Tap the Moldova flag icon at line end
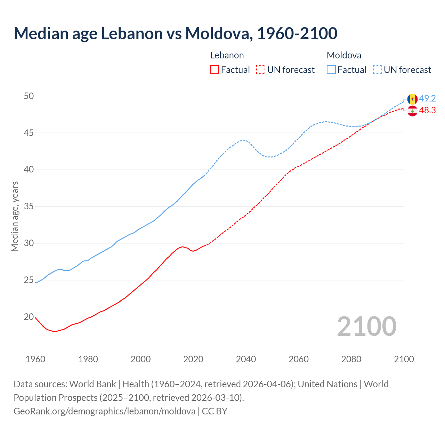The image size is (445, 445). click(x=412, y=99)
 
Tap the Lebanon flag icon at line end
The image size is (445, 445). click(x=412, y=111)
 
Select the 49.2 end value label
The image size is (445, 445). click(x=427, y=99)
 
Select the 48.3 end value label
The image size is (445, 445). click(x=427, y=111)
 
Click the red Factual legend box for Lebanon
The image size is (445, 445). click(x=215, y=70)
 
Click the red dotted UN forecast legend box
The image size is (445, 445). click(x=261, y=70)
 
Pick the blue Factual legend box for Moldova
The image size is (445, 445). click(x=331, y=70)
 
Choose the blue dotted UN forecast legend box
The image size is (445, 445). click(x=378, y=70)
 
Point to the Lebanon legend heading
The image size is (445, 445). click(x=227, y=55)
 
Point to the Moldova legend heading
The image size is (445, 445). click(x=344, y=55)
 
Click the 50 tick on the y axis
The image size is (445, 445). click(x=29, y=96)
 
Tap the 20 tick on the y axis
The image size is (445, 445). click(x=29, y=317)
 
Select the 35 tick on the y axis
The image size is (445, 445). click(x=29, y=207)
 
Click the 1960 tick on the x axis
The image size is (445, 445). click(x=35, y=359)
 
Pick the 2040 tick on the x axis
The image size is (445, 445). click(x=246, y=359)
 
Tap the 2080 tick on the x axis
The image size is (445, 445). click(x=351, y=359)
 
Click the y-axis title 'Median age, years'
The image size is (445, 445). click(x=15, y=216)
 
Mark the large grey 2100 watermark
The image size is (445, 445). click(x=367, y=326)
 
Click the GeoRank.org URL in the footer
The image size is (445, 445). click(x=104, y=411)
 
